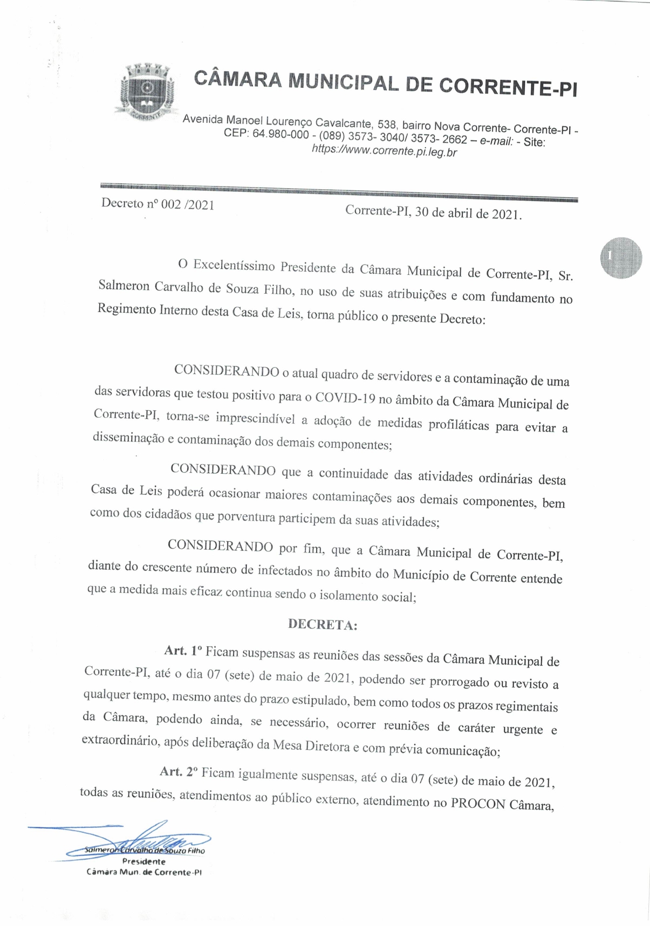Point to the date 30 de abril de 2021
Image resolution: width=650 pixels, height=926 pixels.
pyautogui.click(x=468, y=213)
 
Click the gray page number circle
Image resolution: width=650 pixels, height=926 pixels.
pyautogui.click(x=620, y=258)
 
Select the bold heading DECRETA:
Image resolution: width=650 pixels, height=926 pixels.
pyautogui.click(x=323, y=624)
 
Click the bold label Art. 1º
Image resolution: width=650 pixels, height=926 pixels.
pyautogui.click(x=183, y=651)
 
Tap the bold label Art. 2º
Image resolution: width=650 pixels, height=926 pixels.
pyautogui.click(x=179, y=772)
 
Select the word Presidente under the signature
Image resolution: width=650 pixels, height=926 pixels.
pyautogui.click(x=143, y=861)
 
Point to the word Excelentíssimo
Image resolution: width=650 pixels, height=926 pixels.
pyautogui.click(x=234, y=266)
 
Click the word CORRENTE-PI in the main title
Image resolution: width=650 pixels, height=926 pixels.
pyautogui.click(x=508, y=86)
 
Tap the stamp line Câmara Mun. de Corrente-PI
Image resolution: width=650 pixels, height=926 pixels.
pyautogui.click(x=144, y=872)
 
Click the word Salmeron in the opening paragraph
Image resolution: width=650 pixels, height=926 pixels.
pyautogui.click(x=124, y=286)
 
